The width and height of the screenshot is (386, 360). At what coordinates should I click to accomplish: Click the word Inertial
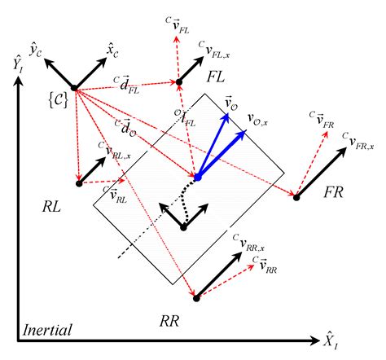coord(48,331)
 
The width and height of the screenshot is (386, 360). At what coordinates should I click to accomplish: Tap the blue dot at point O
coord(197,176)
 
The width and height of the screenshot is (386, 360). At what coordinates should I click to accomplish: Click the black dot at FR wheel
coord(296,195)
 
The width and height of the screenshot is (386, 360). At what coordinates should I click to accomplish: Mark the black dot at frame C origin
coord(73,88)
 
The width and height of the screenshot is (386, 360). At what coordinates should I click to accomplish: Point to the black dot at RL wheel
coord(79,183)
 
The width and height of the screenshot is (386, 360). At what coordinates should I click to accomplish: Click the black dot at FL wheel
coord(176,81)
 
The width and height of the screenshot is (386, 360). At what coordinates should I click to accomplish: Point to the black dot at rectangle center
coord(184,227)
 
